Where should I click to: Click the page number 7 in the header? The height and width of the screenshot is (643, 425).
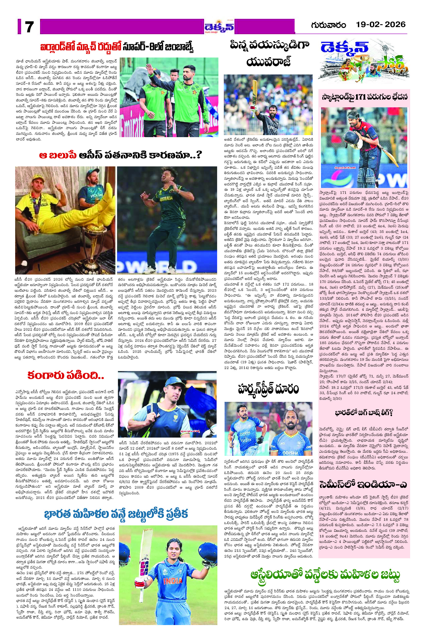tap(29, 26)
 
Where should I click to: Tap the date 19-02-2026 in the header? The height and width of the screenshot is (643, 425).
tap(381, 24)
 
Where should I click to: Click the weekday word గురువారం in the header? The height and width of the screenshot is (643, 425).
tap(328, 25)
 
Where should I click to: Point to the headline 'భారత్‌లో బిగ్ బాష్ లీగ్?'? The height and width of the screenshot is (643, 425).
tap(364, 413)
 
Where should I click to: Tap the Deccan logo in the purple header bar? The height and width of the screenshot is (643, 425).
tap(219, 26)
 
